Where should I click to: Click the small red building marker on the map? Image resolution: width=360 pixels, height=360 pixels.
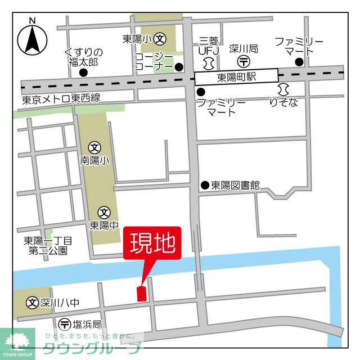coord(141,294)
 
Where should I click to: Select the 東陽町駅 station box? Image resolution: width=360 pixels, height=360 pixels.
coord(236,77)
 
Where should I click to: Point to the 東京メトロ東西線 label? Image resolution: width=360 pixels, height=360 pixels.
coord(61,99)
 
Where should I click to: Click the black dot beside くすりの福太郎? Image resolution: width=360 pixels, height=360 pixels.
coord(83,73)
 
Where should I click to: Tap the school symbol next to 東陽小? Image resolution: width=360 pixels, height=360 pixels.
coord(161,39)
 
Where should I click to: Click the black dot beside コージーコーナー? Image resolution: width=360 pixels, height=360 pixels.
coord(178,67)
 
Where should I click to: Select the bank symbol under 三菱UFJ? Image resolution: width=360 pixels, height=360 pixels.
coord(209,61)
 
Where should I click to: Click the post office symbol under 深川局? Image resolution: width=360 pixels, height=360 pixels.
coord(244,61)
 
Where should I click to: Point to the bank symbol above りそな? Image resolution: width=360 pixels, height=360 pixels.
coord(283,89)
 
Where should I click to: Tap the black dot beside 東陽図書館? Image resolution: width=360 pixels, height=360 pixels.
coord(205,184)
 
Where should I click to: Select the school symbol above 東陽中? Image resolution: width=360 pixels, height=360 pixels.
coord(104,213)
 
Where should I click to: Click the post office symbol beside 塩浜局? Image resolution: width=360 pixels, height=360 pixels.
coord(64,324)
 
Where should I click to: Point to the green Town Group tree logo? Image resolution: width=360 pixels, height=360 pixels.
coord(17,340)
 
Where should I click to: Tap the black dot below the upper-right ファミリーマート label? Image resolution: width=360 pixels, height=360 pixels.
coord(299,62)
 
